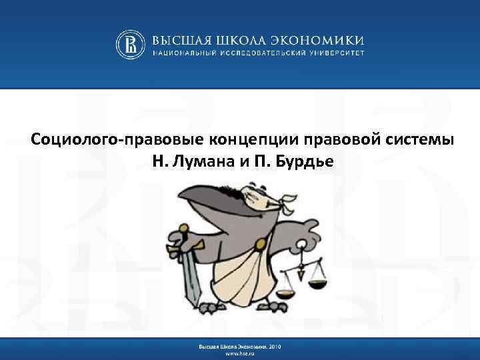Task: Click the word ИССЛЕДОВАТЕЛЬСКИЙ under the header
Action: [x=267, y=53]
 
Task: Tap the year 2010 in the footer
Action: [x=276, y=346]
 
